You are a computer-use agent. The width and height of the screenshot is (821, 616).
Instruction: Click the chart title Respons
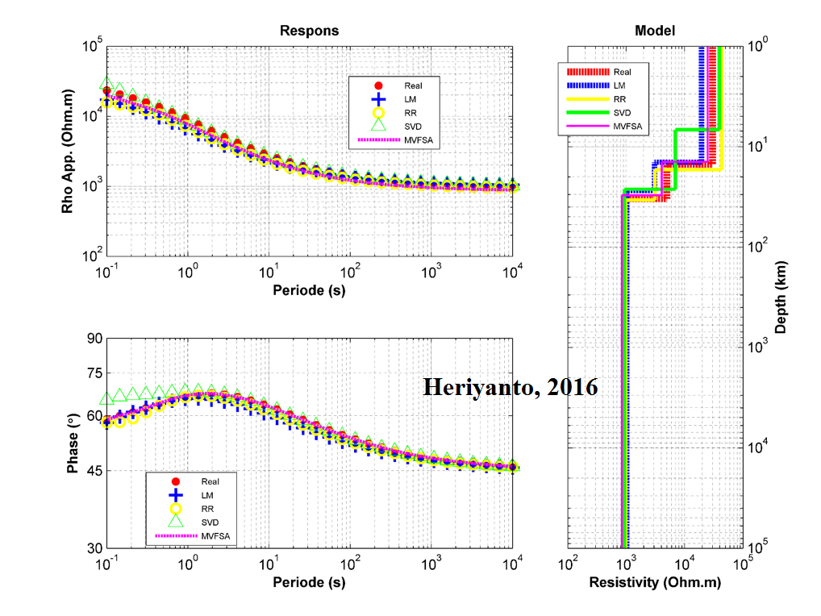click(x=309, y=31)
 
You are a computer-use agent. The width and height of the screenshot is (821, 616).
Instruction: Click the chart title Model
click(x=655, y=31)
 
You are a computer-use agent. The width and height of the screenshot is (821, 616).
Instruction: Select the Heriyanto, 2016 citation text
click(x=511, y=388)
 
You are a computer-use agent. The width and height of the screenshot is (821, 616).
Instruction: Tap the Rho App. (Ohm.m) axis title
click(x=68, y=151)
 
